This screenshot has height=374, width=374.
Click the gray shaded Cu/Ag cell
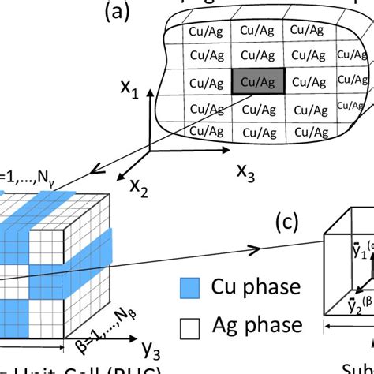(257, 82)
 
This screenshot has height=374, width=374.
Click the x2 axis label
(140, 187)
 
